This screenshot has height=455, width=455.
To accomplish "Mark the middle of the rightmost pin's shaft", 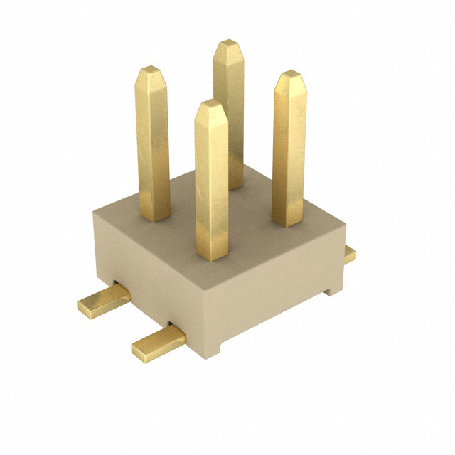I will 289,149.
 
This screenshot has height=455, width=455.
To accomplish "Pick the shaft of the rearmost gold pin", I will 229,114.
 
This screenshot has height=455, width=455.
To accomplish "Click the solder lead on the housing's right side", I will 349,255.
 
